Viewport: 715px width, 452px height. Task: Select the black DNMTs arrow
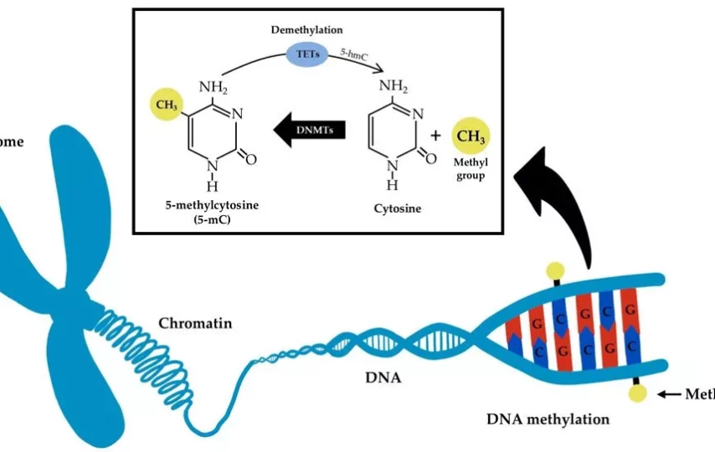pyautogui.click(x=309, y=131)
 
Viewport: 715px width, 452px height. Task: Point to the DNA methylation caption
pyautogui.click(x=548, y=419)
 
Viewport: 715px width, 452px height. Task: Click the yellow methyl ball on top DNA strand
pyautogui.click(x=553, y=270)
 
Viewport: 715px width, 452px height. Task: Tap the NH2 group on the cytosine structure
pyautogui.click(x=394, y=85)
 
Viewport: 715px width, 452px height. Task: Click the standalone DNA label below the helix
pyautogui.click(x=383, y=378)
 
